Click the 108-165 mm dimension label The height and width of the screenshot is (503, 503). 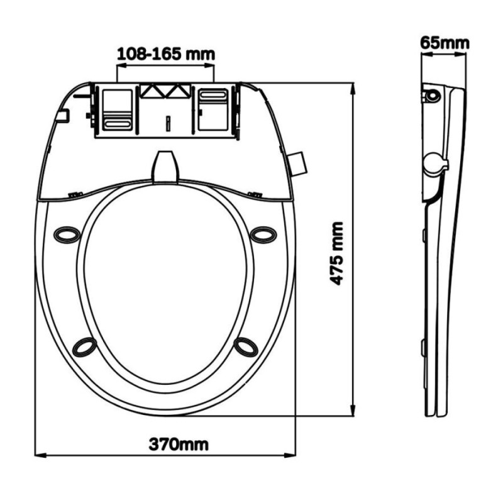[166, 54]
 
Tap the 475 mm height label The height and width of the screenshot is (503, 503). [337, 253]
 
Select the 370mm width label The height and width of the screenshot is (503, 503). [179, 445]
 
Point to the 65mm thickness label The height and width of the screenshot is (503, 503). [445, 43]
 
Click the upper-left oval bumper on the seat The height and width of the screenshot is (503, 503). [67, 235]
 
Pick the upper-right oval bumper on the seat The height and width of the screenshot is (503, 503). [263, 235]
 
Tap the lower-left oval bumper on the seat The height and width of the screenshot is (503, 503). [84, 347]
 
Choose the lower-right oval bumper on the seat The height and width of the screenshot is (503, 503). [246, 347]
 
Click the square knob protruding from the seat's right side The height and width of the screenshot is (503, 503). [297, 163]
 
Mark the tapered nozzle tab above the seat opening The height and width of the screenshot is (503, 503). [165, 167]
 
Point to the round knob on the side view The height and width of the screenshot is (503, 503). [435, 163]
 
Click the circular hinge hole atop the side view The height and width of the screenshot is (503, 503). [433, 96]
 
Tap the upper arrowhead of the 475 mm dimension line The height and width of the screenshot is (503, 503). [353, 88]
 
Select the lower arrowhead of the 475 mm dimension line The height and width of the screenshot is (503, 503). [353, 411]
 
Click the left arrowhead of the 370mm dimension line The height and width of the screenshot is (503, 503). [40, 455]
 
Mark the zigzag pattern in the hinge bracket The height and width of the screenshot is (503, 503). [165, 91]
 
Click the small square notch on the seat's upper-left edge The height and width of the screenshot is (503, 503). [62, 116]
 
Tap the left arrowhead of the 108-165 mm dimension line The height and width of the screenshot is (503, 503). [122, 66]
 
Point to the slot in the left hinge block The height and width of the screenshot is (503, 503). [117, 123]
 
